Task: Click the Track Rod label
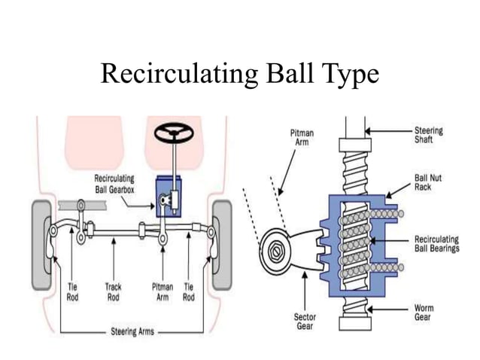(x=114, y=292)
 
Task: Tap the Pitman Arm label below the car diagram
(x=162, y=292)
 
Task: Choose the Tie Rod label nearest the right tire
(x=189, y=292)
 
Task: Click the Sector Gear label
(x=304, y=322)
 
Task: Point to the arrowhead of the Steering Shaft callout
(x=369, y=132)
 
